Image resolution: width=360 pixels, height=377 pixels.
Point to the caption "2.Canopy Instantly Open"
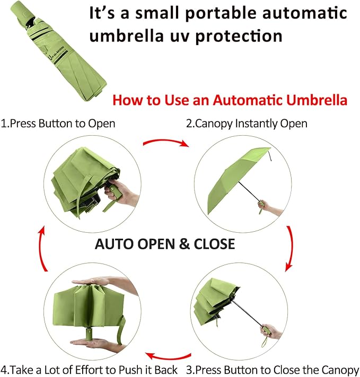click(246, 124)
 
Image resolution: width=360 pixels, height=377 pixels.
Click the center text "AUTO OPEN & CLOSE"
click(164, 244)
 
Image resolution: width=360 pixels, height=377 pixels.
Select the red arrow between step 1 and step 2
click(166, 143)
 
